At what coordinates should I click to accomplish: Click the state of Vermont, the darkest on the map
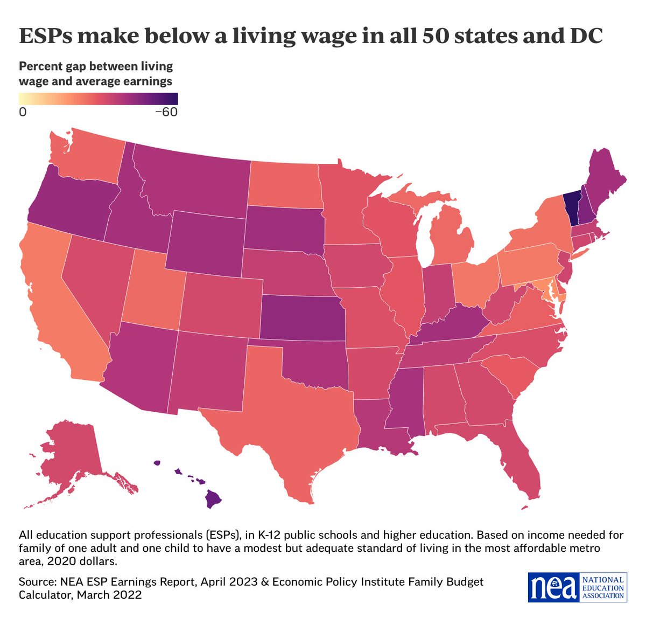click(572, 207)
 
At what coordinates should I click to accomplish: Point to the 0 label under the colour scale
click(23, 112)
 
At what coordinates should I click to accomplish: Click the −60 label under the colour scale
click(166, 112)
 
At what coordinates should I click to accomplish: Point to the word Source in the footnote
click(36, 582)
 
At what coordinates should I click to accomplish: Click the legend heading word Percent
click(41, 66)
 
